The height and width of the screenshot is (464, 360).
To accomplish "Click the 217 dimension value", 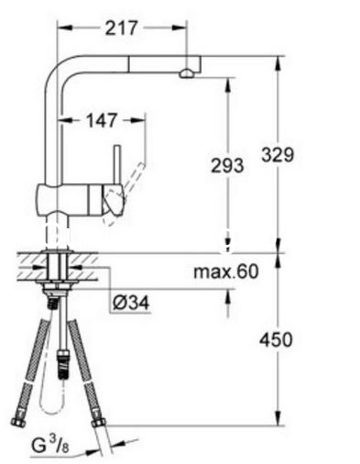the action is (x=121, y=28).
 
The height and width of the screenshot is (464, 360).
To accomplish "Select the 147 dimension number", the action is (x=102, y=120).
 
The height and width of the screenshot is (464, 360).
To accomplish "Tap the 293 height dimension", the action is (x=227, y=166).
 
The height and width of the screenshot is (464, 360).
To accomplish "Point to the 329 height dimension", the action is (x=278, y=154).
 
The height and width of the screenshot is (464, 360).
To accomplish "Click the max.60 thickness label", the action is (x=226, y=271).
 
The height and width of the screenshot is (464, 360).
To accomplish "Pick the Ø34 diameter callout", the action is (x=131, y=303).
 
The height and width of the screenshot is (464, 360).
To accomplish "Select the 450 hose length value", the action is (x=276, y=339).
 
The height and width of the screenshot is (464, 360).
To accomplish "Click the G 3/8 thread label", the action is (x=50, y=445).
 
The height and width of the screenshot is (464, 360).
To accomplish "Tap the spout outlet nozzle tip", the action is (x=186, y=74).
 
